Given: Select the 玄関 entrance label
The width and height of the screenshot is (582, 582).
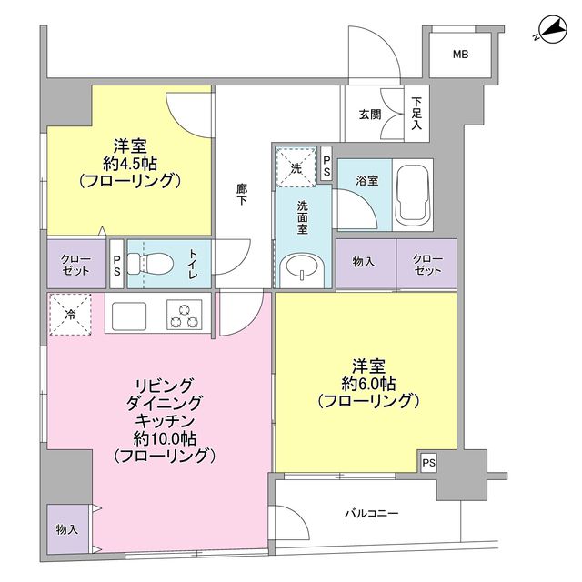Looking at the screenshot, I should point(369,115).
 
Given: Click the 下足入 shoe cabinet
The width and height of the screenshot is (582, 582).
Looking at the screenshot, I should point(416,115).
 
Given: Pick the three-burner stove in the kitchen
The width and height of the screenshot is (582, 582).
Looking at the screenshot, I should point(185,314).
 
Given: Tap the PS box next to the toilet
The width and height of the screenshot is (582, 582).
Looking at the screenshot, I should point(116,265).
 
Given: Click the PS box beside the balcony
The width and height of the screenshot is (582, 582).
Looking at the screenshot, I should point(429,462).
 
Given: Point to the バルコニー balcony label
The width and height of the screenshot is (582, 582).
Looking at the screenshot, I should point(372,514).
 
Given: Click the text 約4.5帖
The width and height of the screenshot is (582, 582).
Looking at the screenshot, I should point(130,163).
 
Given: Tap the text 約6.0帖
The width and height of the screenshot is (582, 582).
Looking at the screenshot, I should point(368,383).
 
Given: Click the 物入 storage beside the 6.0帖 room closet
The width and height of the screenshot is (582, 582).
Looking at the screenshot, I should point(365,262).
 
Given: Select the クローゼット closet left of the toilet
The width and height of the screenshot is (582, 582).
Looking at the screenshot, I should point(76,265).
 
